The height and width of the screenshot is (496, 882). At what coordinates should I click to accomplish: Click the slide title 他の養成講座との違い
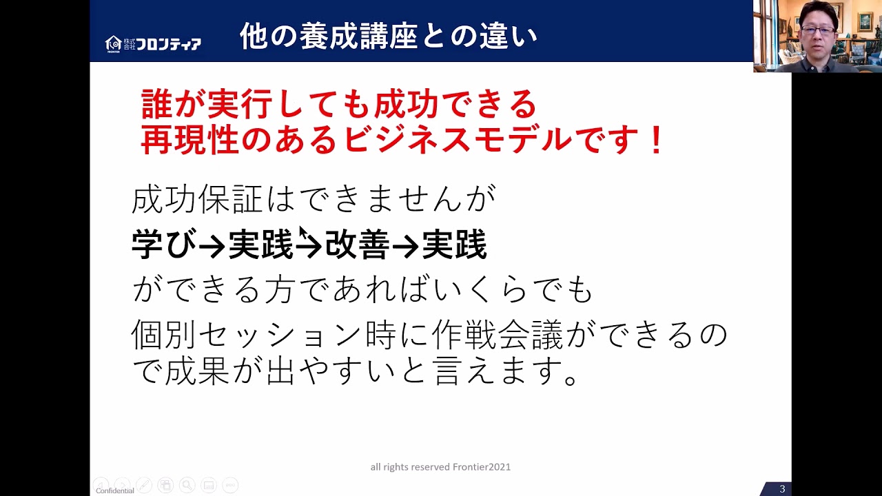(x=389, y=37)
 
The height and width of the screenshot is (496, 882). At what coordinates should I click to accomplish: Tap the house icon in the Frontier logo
(x=114, y=43)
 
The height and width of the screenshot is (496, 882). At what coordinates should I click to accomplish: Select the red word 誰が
(x=173, y=104)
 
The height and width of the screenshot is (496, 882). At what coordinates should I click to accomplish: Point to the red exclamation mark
(x=656, y=140)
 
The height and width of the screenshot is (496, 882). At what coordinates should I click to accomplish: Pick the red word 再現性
(x=189, y=140)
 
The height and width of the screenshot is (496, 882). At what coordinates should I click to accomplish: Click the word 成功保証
(x=197, y=200)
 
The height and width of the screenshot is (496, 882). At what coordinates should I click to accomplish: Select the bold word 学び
(x=164, y=245)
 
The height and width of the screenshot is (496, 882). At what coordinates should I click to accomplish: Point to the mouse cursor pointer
(x=302, y=232)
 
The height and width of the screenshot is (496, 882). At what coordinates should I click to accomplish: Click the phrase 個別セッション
(x=246, y=335)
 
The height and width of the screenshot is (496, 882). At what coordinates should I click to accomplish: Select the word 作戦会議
(x=498, y=335)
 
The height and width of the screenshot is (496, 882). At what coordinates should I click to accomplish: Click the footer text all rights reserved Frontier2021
(x=440, y=467)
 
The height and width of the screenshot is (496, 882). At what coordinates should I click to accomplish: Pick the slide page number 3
(x=782, y=489)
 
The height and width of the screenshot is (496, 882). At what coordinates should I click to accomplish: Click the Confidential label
(x=115, y=491)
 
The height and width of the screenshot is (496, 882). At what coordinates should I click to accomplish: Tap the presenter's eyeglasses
(x=818, y=30)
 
